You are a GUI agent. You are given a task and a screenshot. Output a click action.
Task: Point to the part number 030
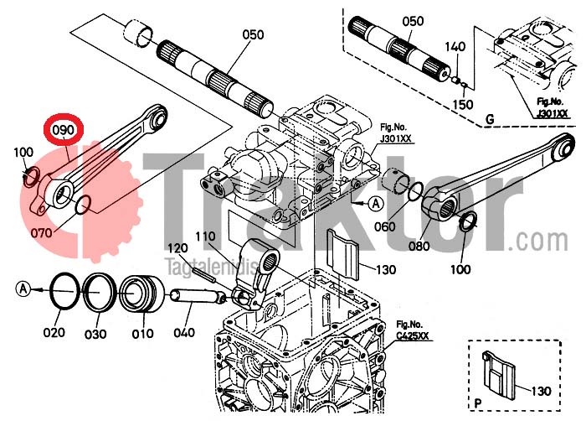[96, 334]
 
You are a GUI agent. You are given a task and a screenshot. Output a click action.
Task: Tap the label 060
[385, 226]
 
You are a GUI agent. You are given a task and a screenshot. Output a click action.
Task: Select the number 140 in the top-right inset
[455, 46]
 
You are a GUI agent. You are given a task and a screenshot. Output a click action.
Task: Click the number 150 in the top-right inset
[462, 104]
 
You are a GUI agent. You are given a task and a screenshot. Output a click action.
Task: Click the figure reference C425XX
[414, 337]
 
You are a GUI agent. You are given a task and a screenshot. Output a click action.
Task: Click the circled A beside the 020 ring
[23, 288]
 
